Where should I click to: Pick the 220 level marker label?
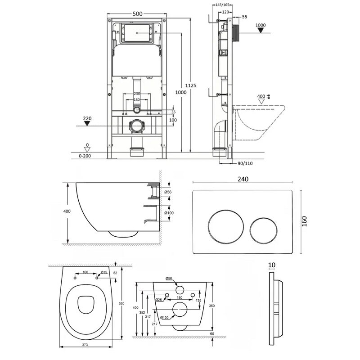point(87,120)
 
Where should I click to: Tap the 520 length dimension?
point(121,304)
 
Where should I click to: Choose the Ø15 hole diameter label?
point(103,272)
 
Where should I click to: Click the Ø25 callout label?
point(158,299)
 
